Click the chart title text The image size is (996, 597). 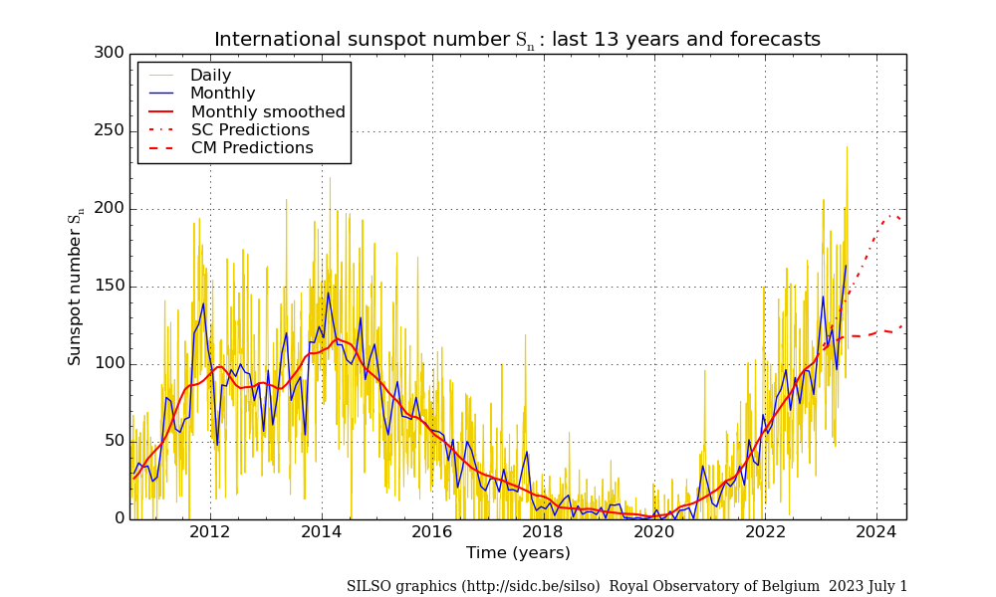click(517, 40)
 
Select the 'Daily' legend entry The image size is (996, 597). click(210, 76)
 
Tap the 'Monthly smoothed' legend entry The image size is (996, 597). click(268, 112)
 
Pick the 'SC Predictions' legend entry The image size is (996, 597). click(250, 130)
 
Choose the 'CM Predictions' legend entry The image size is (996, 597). click(252, 148)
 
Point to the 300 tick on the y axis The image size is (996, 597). click(110, 53)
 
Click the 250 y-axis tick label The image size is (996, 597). click(110, 130)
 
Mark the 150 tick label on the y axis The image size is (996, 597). click(110, 286)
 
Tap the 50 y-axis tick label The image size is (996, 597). click(114, 441)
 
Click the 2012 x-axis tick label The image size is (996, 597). click(210, 532)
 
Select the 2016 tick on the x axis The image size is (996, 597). click(432, 532)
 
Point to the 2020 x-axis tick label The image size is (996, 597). click(654, 532)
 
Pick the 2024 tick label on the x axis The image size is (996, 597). click(876, 532)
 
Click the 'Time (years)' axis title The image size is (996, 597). click(518, 553)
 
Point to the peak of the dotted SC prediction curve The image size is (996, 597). click(893, 214)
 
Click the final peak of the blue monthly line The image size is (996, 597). click(846, 265)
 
